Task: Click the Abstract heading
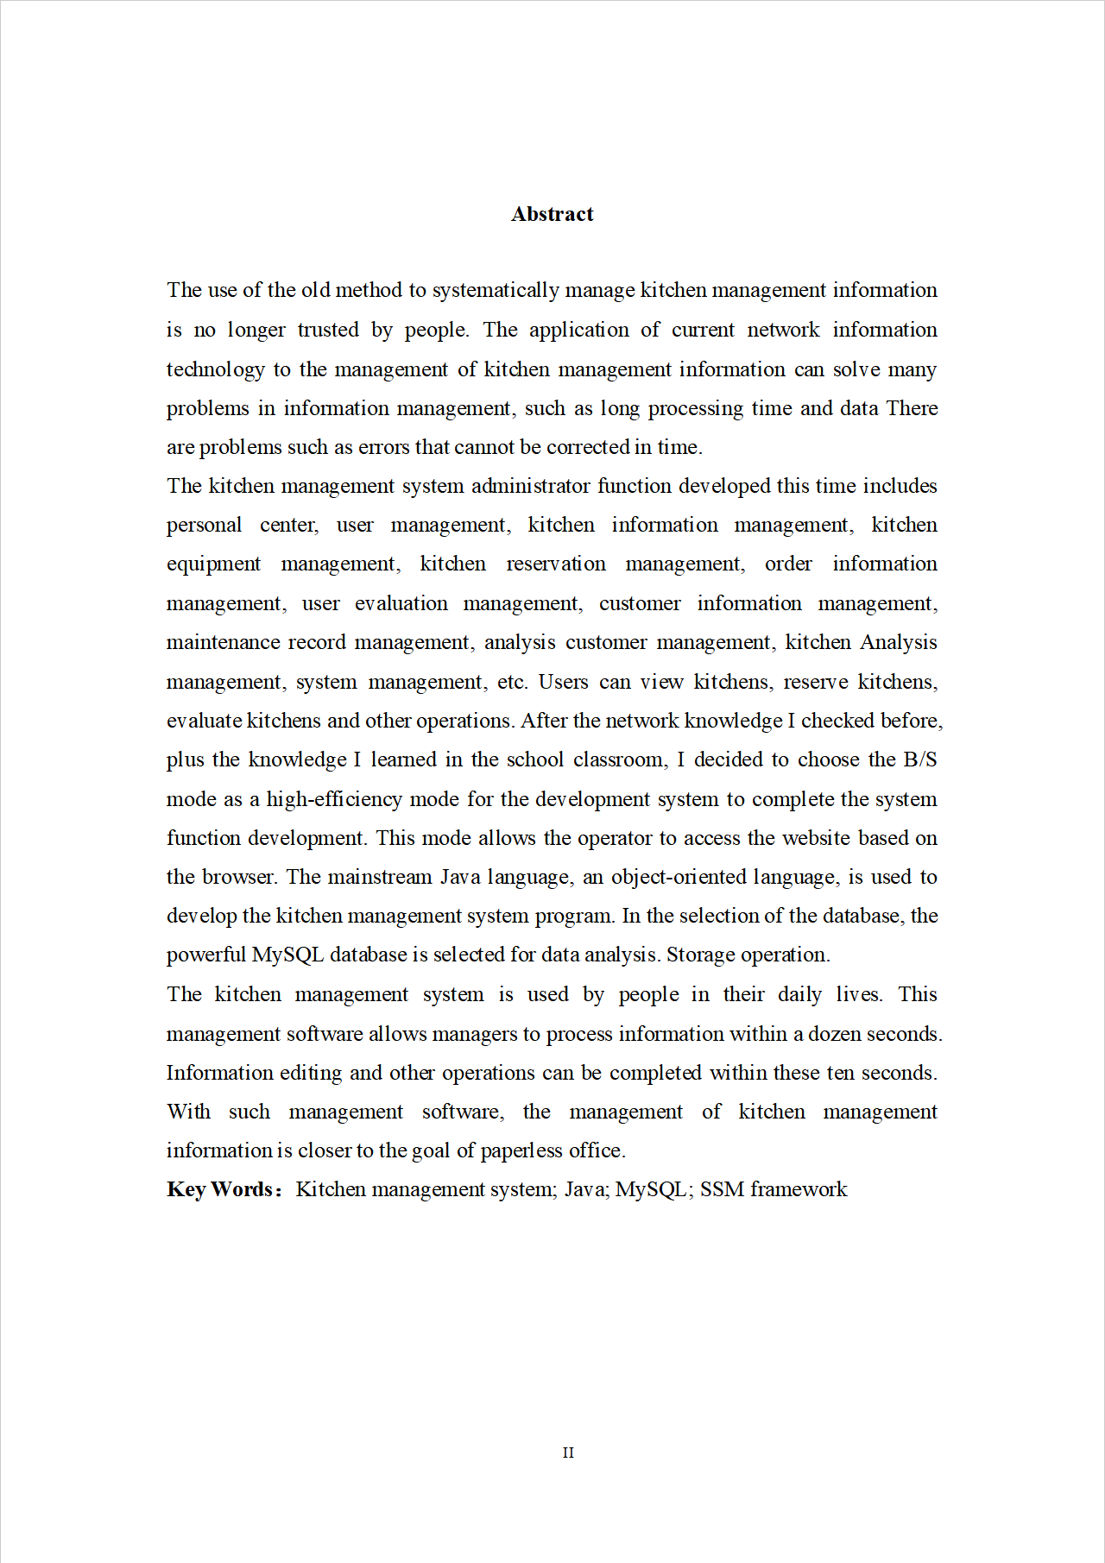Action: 552,214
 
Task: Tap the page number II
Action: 568,1453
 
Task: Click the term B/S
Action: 919,759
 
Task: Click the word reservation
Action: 556,564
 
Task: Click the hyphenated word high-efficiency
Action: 334,799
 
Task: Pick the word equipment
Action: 213,564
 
